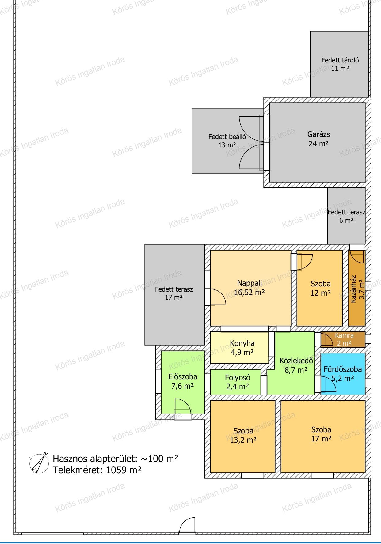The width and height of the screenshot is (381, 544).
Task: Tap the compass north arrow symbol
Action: (39, 463)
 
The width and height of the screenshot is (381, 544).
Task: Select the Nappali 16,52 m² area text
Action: (250, 288)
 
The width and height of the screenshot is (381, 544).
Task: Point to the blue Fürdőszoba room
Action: (343, 374)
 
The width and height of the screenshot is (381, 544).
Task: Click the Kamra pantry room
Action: (343, 339)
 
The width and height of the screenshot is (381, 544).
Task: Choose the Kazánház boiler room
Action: (356, 288)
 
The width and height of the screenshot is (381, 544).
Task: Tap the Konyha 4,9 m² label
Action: (242, 348)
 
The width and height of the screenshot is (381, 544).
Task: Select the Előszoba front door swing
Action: (183, 406)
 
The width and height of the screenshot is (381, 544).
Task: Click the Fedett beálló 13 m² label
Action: (227, 141)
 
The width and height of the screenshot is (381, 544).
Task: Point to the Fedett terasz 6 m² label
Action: (346, 216)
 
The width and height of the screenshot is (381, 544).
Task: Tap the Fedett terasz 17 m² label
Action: (174, 293)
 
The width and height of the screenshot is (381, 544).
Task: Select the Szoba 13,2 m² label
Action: (243, 435)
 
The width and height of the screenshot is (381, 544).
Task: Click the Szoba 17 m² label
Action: (321, 434)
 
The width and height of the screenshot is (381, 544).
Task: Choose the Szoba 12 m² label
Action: (321, 288)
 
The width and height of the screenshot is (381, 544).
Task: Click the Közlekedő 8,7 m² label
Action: (296, 365)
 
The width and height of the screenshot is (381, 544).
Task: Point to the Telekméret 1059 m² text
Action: (97, 470)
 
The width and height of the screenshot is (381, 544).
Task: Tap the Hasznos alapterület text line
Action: (116, 459)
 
